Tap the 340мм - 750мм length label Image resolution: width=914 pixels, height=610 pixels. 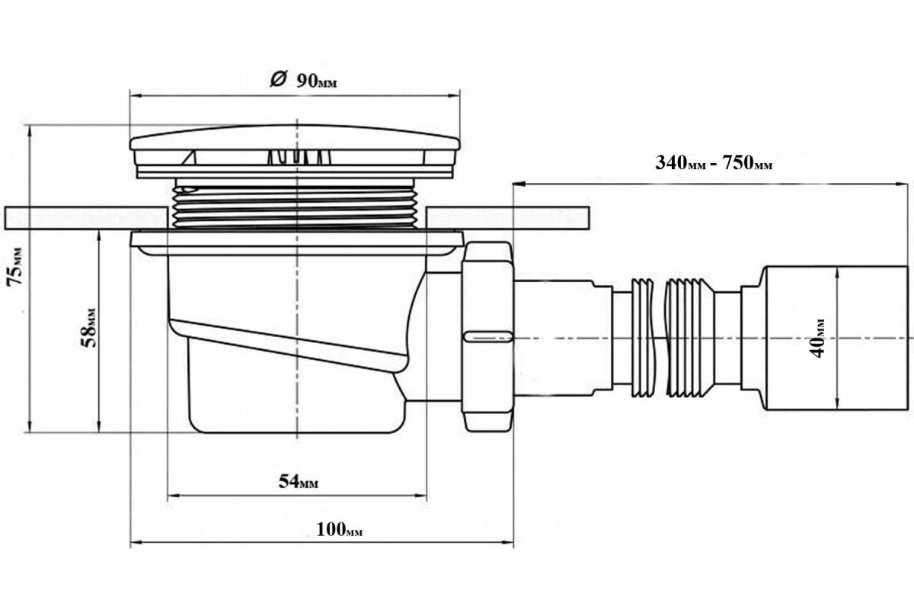714,162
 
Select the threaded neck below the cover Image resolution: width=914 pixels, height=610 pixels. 296,204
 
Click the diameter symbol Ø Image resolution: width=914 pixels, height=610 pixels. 279,79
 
